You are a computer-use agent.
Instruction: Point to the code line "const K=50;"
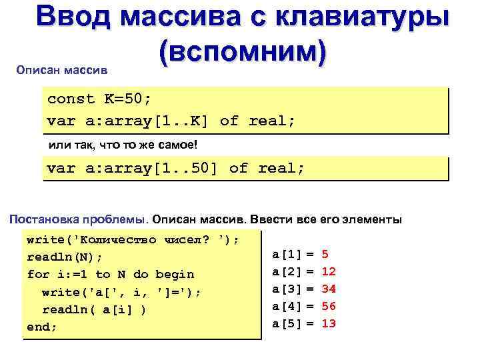(x=99, y=99)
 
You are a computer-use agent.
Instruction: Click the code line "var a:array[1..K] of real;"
(x=171, y=121)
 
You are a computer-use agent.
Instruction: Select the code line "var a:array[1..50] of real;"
(x=176, y=168)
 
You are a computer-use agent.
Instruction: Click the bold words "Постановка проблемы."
(x=79, y=219)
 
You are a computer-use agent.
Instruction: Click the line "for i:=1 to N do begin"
(x=111, y=274)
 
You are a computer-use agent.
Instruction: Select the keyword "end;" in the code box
(x=42, y=327)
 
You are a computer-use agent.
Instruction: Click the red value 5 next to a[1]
(x=325, y=254)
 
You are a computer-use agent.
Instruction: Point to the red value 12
(x=329, y=271)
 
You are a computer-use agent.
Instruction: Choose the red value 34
(x=329, y=289)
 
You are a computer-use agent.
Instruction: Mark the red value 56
(x=329, y=306)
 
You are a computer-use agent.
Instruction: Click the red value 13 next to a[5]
(x=329, y=323)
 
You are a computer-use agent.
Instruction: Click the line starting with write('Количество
(x=133, y=239)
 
